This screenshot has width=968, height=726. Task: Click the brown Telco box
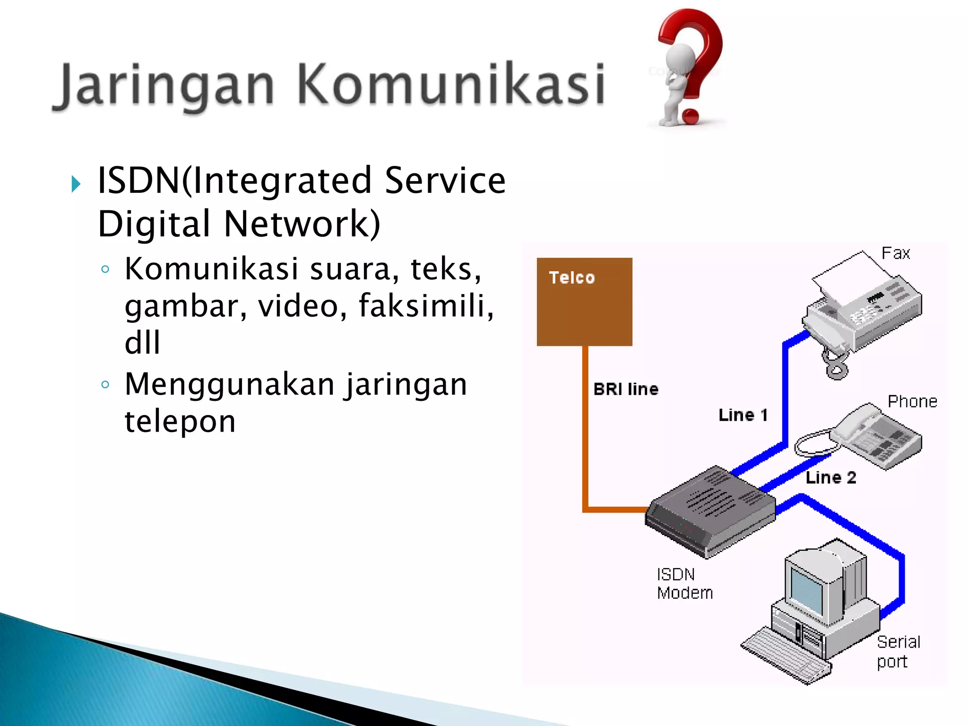pyautogui.click(x=584, y=302)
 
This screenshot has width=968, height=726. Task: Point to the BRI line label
pyautogui.click(x=626, y=389)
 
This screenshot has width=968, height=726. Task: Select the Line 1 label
pyautogui.click(x=743, y=415)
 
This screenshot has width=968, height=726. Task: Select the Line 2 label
pyautogui.click(x=830, y=477)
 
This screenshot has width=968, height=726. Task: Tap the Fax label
pyautogui.click(x=895, y=253)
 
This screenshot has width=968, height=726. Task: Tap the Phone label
pyautogui.click(x=912, y=401)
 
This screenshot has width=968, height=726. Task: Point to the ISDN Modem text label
pyautogui.click(x=684, y=584)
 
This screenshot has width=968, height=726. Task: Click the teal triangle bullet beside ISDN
pyautogui.click(x=76, y=184)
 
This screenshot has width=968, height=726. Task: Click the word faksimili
pyautogui.click(x=425, y=306)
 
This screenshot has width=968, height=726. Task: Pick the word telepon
pyautogui.click(x=180, y=421)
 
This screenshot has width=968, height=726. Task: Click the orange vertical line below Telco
pyautogui.click(x=585, y=425)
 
